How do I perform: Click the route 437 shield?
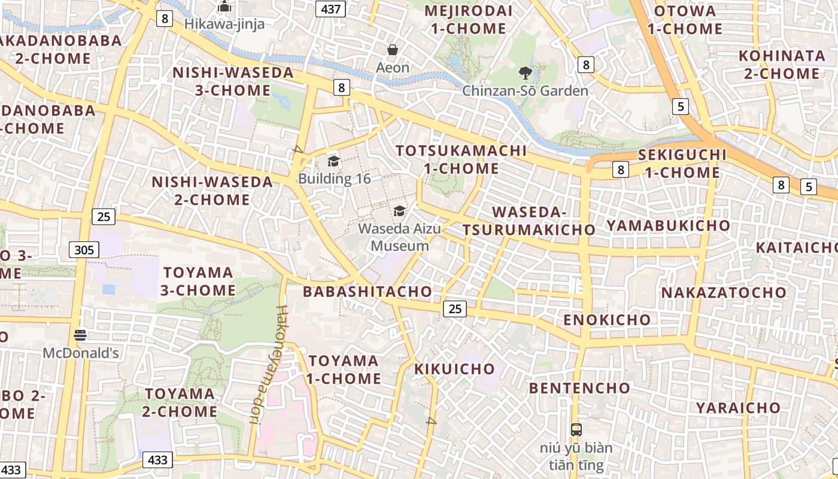click(x=330, y=8)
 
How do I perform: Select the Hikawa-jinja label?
click(x=224, y=24)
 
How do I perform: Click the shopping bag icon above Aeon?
click(x=393, y=50)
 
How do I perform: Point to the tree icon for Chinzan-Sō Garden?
click(x=526, y=73)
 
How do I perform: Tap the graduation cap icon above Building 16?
click(x=333, y=161)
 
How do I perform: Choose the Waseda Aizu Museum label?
click(x=400, y=237)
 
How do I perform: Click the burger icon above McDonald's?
click(x=80, y=335)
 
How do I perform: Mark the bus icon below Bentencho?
click(x=576, y=429)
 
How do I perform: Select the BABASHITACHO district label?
click(x=367, y=292)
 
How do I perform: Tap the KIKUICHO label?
click(x=455, y=369)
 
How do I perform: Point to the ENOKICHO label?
click(x=607, y=319)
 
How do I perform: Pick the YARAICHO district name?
click(x=738, y=408)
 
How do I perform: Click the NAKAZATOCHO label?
click(x=724, y=293)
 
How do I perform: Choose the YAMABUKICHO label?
click(x=669, y=226)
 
